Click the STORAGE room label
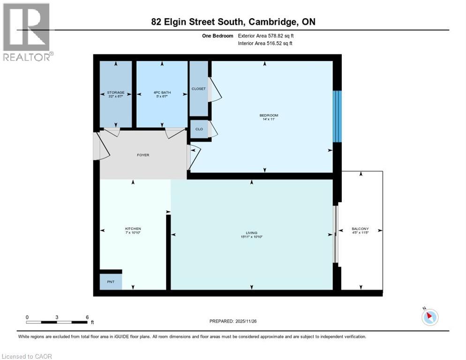tap(115, 93)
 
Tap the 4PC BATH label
tap(162, 93)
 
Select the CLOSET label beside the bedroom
tap(199, 89)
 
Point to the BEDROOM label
tap(269, 115)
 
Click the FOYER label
tap(143, 155)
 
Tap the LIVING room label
tap(251, 233)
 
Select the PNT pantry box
tap(110, 282)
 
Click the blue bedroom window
tap(337, 116)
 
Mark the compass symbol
tap(429, 316)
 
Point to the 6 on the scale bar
tap(87, 317)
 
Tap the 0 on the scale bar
tap(27, 317)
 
